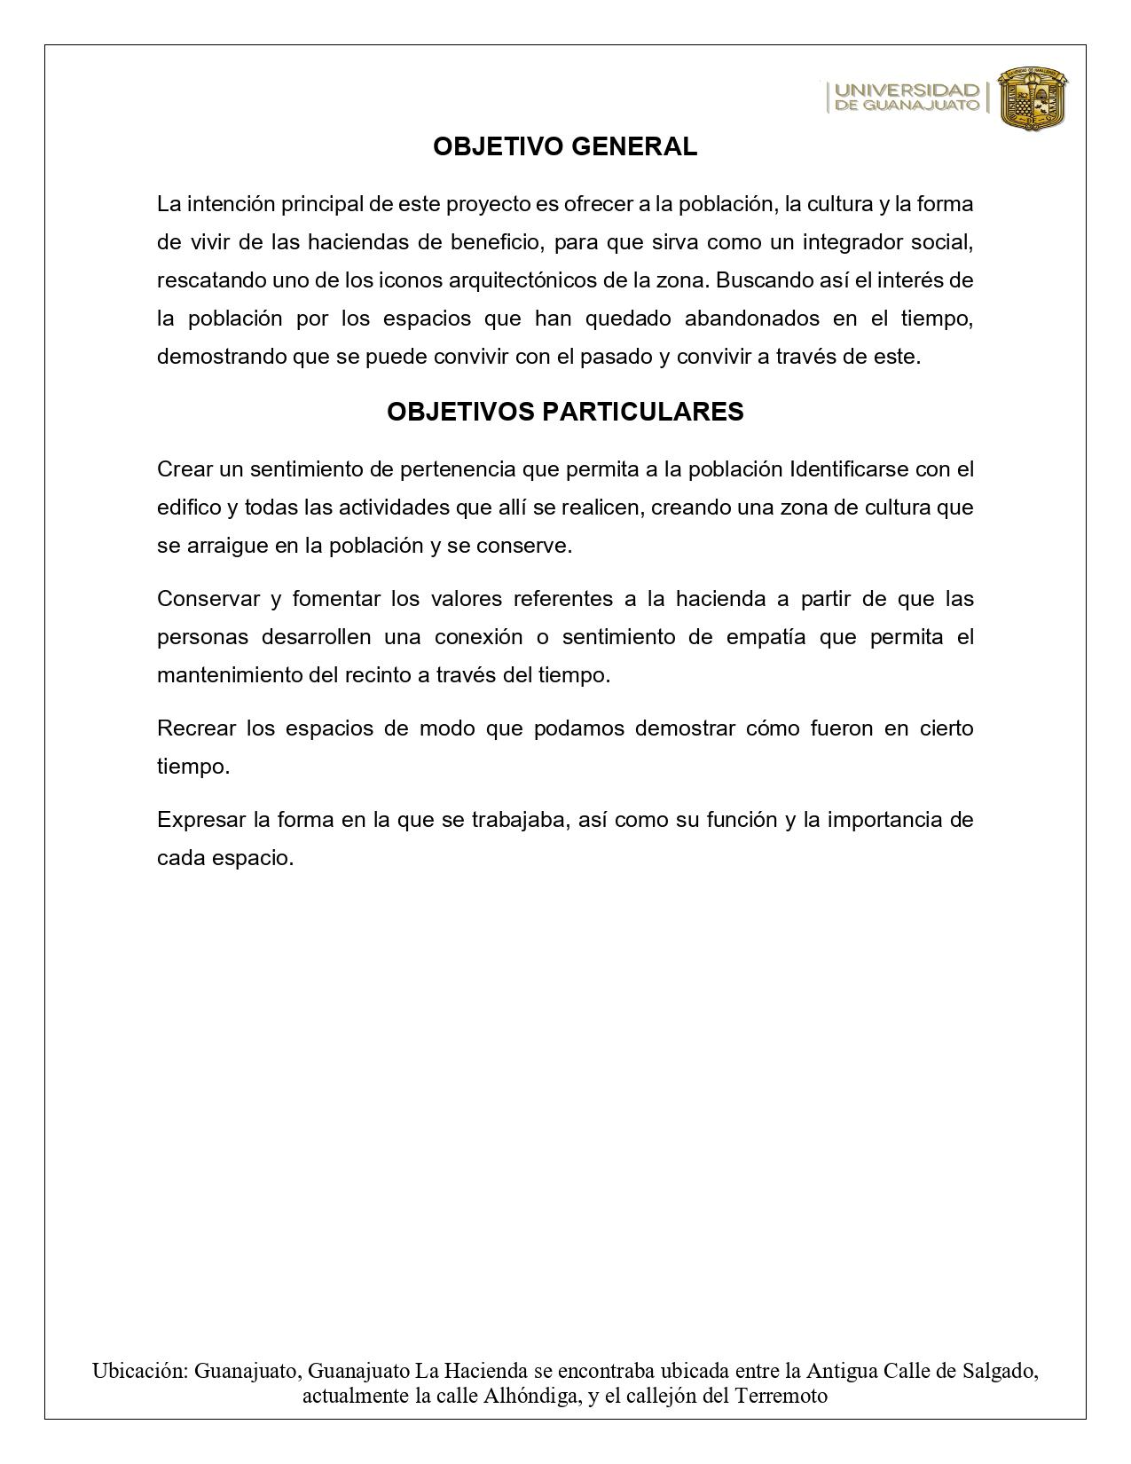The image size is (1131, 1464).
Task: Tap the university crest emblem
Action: click(x=1033, y=98)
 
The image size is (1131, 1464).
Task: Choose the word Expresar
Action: click(x=201, y=820)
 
